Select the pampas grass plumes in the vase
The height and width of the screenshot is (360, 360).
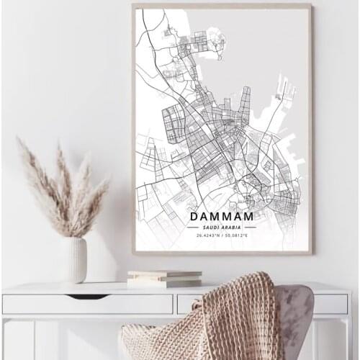61,187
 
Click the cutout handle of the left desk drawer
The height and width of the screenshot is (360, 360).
87,296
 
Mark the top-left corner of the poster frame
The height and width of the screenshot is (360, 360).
133,4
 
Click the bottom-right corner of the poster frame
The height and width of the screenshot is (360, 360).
312,253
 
